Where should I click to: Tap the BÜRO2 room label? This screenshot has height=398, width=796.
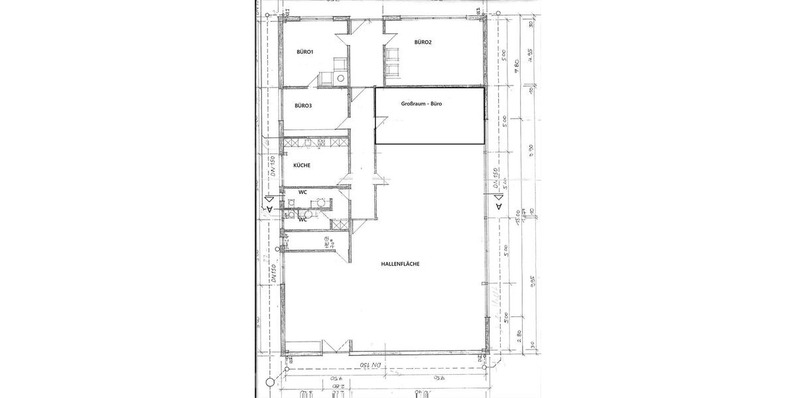pos(423,42)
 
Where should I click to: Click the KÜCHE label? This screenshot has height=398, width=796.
pos(302,165)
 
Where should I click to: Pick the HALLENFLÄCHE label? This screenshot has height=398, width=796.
pos(401,263)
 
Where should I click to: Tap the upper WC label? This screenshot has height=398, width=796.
pos(302,192)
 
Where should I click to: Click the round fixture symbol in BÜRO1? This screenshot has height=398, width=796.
pos(341,78)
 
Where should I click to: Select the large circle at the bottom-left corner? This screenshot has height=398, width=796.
pos(269,382)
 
